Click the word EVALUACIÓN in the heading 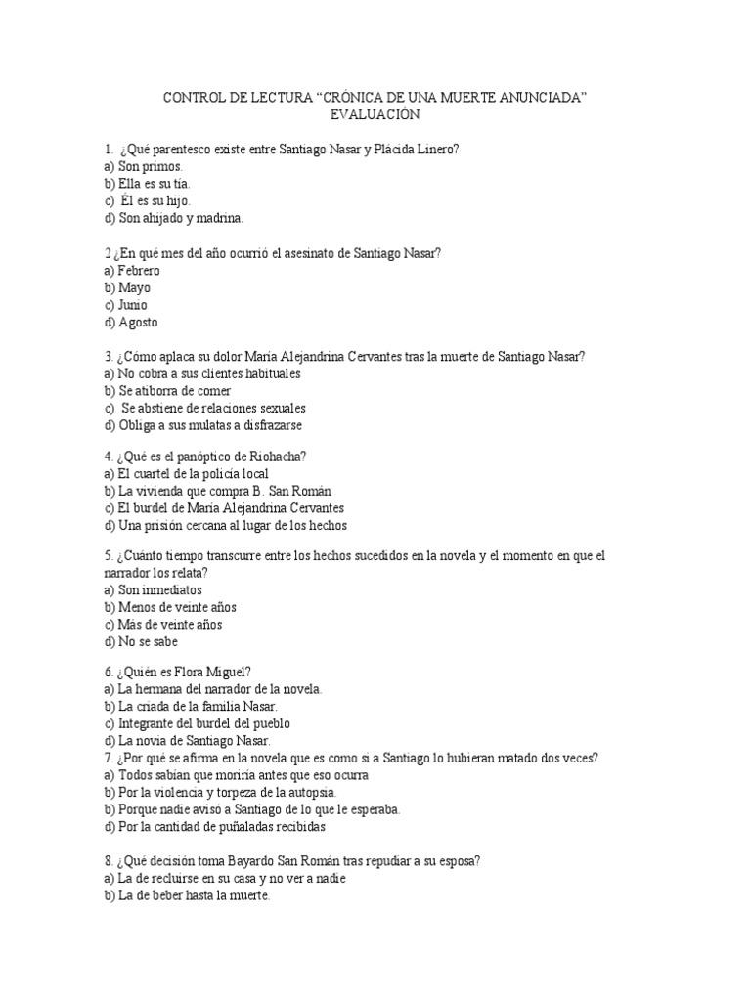coord(375,114)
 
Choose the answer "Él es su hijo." coord(155,200)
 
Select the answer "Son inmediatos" coord(159,589)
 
